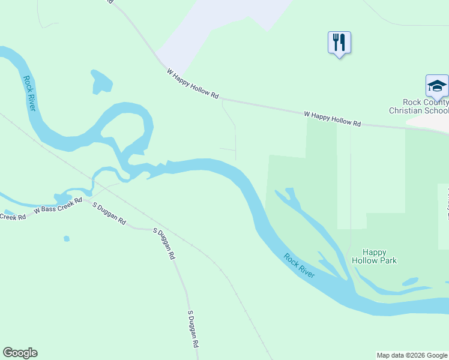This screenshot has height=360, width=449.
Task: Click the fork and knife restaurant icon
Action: [339, 43]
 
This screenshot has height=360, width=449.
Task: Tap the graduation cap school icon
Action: [437, 86]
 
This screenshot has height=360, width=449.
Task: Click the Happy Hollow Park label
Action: [374, 256]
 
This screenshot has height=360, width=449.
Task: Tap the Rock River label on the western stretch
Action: [29, 93]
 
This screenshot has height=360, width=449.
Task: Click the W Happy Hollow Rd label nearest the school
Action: [332, 118]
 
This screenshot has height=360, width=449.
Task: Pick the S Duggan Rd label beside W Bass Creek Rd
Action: [109, 214]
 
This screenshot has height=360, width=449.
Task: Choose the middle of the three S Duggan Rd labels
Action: [163, 243]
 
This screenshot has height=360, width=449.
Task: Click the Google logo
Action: [20, 353]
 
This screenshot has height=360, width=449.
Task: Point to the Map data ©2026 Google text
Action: [412, 355]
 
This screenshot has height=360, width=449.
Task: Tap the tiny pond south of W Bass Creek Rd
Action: [67, 239]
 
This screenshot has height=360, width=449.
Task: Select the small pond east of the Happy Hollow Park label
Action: [411, 281]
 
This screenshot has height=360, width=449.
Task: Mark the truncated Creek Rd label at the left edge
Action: [13, 216]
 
